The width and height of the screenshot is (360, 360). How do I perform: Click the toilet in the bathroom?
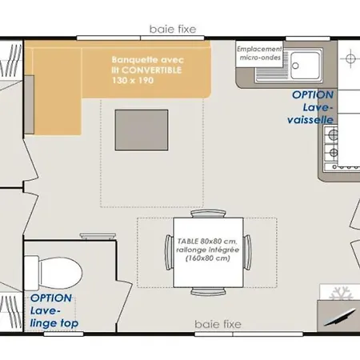click(53, 273)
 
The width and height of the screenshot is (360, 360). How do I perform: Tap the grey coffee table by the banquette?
click(142, 130)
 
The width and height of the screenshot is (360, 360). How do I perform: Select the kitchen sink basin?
click(305, 66)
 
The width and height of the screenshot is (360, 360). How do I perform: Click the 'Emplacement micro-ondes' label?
click(260, 54)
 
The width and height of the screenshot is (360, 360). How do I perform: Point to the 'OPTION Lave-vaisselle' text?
click(310, 107)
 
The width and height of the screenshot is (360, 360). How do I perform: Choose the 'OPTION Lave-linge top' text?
click(54, 310)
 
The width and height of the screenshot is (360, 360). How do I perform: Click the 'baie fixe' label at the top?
click(173, 29)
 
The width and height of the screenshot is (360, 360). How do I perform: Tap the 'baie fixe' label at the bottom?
click(218, 324)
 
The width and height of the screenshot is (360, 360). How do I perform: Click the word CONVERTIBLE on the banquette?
click(151, 70)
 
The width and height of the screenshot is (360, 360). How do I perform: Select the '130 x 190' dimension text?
click(133, 80)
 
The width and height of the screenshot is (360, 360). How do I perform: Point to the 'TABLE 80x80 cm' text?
click(207, 241)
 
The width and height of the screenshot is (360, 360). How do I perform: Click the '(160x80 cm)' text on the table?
click(208, 258)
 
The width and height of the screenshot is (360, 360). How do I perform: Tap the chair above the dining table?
click(208, 214)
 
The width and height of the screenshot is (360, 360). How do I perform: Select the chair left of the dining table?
click(169, 252)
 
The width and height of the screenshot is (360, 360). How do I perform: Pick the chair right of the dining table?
click(247, 252)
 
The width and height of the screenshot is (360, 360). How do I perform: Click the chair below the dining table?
click(208, 291)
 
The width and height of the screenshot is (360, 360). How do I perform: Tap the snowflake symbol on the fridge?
click(342, 294)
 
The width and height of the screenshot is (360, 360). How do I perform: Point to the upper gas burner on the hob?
click(333, 134)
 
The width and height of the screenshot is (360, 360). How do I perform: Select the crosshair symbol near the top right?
click(350, 58)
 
